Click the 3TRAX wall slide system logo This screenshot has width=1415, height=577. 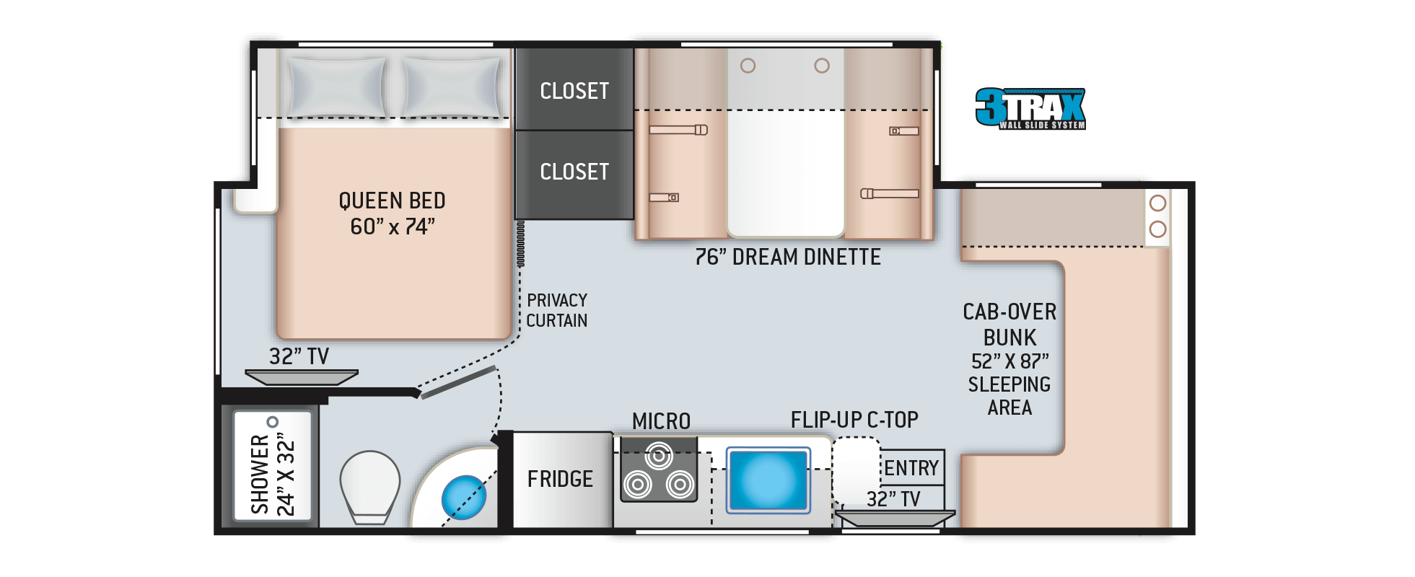1030,109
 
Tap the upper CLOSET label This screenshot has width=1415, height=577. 574,91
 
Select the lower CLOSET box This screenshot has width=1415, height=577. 574,175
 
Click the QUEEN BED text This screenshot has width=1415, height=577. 392,201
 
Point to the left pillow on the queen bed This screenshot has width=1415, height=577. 336,87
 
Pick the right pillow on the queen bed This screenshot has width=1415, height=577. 452,87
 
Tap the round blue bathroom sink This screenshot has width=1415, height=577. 463,497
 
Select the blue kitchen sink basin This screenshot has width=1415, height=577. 768,480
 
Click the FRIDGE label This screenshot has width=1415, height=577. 560,479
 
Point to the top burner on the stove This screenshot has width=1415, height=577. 658,456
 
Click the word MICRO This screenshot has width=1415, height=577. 661,421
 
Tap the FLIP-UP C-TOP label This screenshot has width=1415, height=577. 854,420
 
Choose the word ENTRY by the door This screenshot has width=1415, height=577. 911,468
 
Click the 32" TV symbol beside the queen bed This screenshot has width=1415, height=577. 302,377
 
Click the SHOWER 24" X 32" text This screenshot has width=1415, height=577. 273,474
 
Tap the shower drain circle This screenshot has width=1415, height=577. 272,422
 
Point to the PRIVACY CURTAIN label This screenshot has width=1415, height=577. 556,310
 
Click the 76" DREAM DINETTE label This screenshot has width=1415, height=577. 788,257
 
